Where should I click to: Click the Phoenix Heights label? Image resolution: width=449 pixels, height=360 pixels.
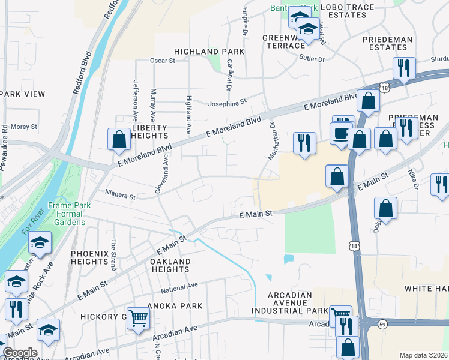point(90,258)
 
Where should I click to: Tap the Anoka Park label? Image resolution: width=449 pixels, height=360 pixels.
point(177,306)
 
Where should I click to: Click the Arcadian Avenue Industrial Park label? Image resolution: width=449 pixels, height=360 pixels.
point(290,304)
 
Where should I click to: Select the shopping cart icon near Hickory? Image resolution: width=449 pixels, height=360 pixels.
point(138,318)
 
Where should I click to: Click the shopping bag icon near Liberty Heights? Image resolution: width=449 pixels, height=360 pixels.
point(119,139)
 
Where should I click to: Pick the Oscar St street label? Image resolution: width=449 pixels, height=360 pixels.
point(162,61)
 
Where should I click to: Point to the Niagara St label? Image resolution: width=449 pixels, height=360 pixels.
point(120,195)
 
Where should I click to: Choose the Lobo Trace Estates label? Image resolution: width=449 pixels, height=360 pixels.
point(348,11)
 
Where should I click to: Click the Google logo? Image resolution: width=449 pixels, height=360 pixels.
point(20,353)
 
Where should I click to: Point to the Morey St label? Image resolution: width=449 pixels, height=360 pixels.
point(24,127)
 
